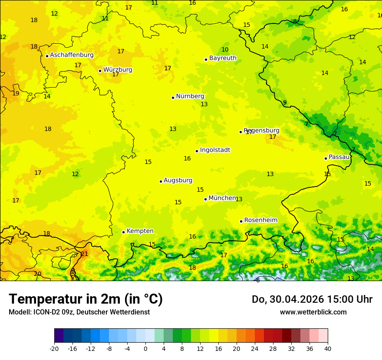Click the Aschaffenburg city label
(72, 55)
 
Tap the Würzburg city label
(118, 70)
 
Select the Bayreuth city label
(223, 58)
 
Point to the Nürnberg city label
(190, 96)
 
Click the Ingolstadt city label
(215, 150)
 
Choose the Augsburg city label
(178, 180)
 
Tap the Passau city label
(339, 157)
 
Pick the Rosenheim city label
(260, 220)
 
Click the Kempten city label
(140, 231)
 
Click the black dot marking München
(206, 199)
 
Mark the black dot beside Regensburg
(240, 132)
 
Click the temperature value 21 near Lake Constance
(84, 254)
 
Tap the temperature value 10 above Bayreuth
(225, 50)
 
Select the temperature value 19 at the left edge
(16, 93)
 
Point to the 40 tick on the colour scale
(328, 348)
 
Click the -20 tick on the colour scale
(54, 348)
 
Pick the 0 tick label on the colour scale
(145, 348)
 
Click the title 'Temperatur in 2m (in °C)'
(86, 299)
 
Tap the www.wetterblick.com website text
(313, 312)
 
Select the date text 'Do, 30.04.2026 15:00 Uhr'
(312, 299)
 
